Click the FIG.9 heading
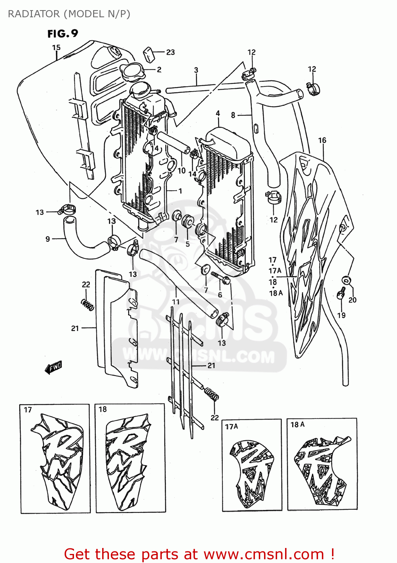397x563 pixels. [x=62, y=34]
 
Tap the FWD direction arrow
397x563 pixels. [x=53, y=367]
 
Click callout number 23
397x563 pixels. [x=171, y=52]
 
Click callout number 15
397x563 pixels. [x=56, y=48]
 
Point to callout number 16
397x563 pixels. [x=322, y=140]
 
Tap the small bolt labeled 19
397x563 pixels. [x=341, y=293]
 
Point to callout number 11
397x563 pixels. [x=176, y=302]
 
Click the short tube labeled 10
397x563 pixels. [x=174, y=142]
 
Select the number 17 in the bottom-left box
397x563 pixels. [x=28, y=410]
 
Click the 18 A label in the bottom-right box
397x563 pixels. [x=297, y=425]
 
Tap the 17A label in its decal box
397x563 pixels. [x=231, y=426]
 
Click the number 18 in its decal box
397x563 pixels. [x=103, y=409]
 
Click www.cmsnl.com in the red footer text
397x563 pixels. [x=264, y=554]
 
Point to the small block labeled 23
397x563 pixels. [x=150, y=54]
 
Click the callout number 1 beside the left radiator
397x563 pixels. [x=180, y=191]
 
